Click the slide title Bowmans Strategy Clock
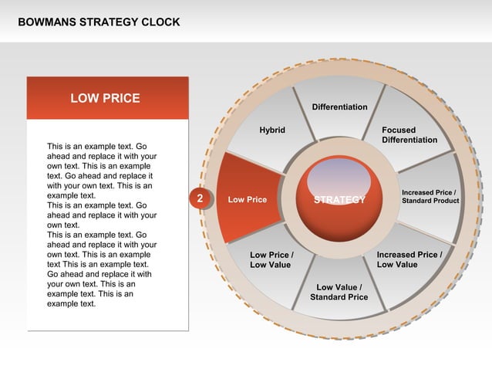point(99,22)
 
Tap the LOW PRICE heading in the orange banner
point(106,98)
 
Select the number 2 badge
point(200,199)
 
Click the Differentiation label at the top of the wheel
point(339,107)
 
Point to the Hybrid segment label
point(272,130)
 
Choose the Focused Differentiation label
point(409,135)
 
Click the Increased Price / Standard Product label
point(430,196)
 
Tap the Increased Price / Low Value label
point(409,259)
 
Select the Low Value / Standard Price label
point(339,292)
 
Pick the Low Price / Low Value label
point(271,259)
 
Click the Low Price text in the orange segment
point(248,200)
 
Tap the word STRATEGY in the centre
point(339,200)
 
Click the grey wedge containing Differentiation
point(339,124)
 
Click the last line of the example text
point(72,303)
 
